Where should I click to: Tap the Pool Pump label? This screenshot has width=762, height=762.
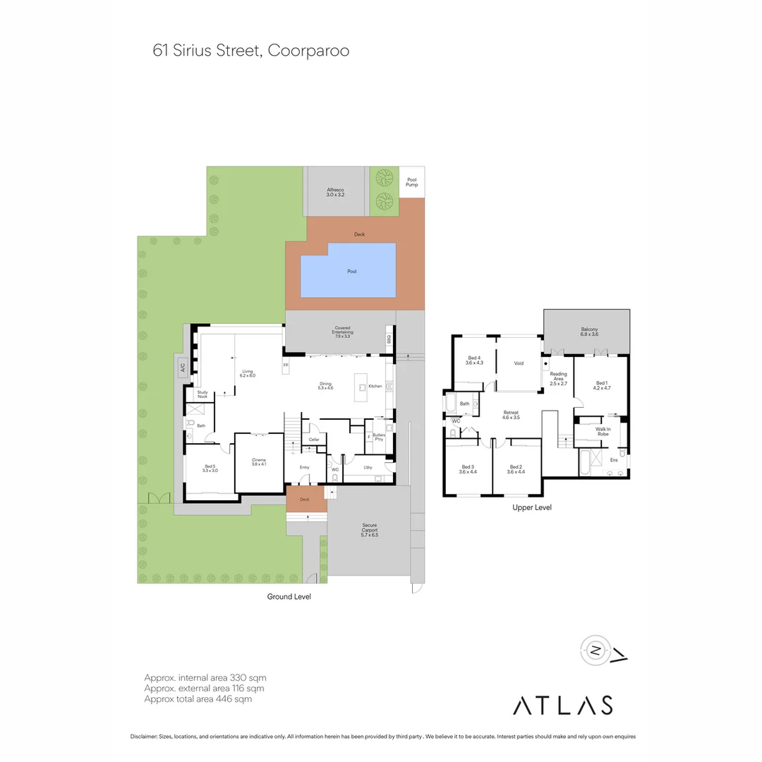[412, 182]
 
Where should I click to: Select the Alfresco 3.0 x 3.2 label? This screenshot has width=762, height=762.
[335, 191]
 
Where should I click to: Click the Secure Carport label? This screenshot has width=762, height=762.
[370, 530]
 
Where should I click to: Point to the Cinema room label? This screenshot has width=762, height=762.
[259, 462]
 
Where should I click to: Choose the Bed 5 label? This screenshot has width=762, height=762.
[210, 468]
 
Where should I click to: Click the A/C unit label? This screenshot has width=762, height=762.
[182, 368]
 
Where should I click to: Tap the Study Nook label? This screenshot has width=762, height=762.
[202, 395]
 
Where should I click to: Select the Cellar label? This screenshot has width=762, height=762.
[314, 440]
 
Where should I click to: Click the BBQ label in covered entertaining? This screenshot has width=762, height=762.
[389, 339]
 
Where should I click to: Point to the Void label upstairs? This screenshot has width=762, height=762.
[519, 363]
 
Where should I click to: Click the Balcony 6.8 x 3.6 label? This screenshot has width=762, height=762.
[589, 332]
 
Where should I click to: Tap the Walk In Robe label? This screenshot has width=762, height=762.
[603, 431]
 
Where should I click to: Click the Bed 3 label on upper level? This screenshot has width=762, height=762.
[467, 469]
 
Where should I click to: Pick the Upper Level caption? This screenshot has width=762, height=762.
[532, 507]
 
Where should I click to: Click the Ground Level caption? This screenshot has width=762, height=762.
[289, 596]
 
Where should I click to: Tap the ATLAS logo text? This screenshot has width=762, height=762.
[562, 705]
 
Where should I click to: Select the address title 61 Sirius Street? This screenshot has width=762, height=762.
[251, 52]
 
